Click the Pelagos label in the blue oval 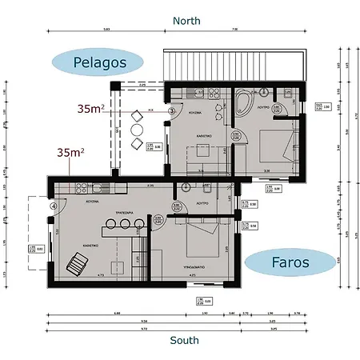pyautogui.click(x=96, y=62)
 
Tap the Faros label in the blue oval pyautogui.click(x=289, y=262)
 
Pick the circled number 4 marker pyautogui.click(x=54, y=205)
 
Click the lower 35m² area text pyautogui.click(x=70, y=151)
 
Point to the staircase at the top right pyautogui.click(x=234, y=64)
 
